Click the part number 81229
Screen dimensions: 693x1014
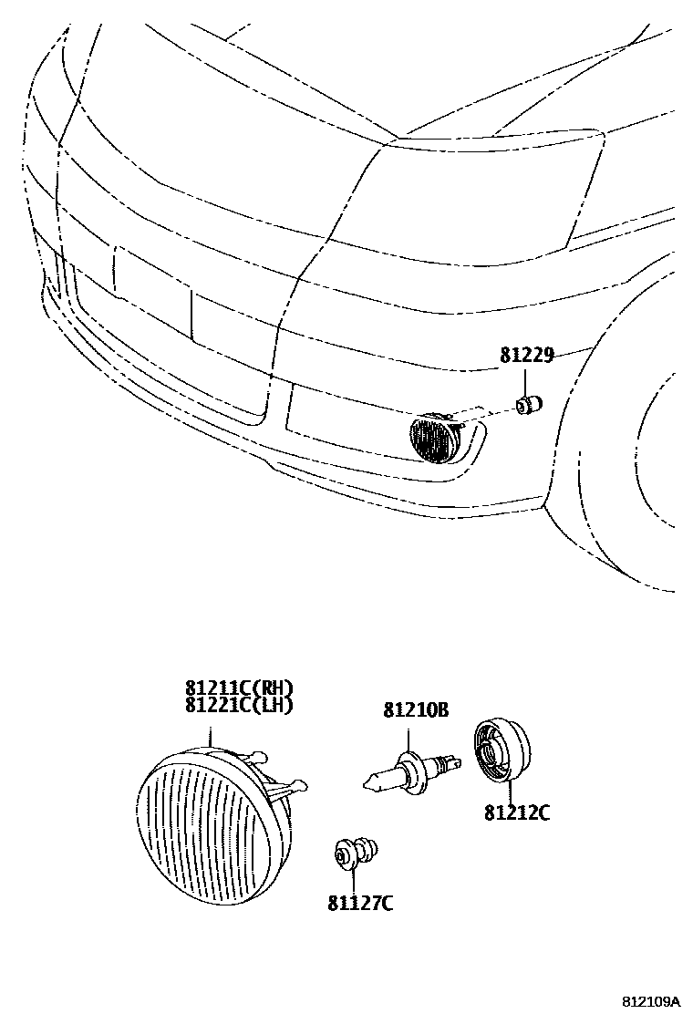coord(526,356)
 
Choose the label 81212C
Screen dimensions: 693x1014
coord(517,812)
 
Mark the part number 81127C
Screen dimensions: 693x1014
coord(360,904)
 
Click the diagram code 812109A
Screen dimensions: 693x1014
coord(652,1001)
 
